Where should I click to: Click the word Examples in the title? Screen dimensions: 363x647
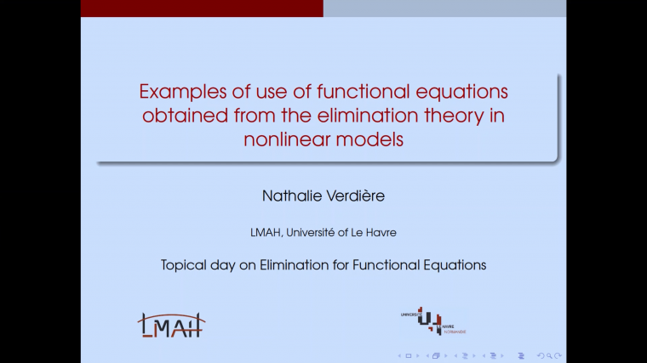click(176, 91)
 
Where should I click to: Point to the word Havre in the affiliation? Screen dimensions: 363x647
click(381, 230)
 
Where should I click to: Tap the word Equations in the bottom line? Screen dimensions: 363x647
click(455, 264)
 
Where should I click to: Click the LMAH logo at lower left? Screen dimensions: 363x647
click(171, 324)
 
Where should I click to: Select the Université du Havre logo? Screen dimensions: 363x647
click(434, 320)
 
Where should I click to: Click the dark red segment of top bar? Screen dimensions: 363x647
click(202, 8)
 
